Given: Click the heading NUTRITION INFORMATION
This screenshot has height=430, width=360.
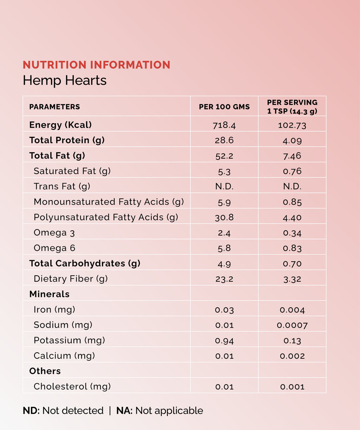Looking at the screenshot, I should (96, 65).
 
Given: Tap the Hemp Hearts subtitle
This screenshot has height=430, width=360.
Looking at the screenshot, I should (65, 81).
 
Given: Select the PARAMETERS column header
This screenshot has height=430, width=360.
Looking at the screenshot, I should (54, 107).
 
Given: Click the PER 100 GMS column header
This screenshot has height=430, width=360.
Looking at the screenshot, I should (224, 107).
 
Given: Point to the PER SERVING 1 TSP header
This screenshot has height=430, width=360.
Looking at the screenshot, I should (292, 107).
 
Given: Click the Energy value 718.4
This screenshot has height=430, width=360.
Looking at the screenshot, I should (224, 125).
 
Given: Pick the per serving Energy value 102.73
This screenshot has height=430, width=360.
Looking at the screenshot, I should (292, 125).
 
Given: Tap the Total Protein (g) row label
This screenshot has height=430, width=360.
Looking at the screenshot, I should (67, 140).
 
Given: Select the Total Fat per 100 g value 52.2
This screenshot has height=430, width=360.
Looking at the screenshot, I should (224, 156).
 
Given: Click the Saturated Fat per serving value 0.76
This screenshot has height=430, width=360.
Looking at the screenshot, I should (292, 171).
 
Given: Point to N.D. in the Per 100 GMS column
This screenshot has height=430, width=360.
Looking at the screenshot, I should (224, 187).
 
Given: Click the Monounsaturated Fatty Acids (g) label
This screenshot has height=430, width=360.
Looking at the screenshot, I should (109, 202).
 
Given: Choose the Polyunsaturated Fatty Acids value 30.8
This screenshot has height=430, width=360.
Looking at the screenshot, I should (224, 218).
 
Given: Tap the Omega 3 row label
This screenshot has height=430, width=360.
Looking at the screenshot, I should (54, 233).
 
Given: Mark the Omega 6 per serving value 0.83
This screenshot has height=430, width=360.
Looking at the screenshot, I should (292, 248).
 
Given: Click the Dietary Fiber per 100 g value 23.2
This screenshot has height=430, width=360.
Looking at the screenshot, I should (224, 279).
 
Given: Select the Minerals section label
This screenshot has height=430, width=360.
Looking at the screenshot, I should (49, 294).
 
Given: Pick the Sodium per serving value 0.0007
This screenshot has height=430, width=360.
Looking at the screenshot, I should (292, 325).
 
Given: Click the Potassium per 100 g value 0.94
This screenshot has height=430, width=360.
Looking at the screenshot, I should (224, 341).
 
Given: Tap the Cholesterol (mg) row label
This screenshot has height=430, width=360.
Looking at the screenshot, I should (72, 387).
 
